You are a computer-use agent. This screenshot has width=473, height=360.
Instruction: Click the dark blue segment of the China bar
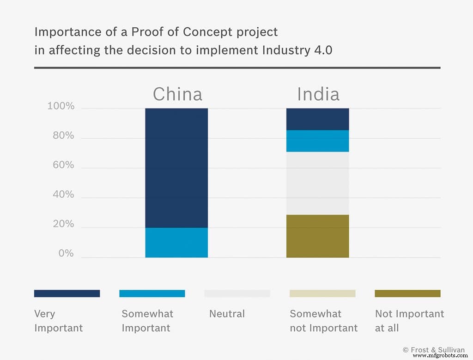[176, 168]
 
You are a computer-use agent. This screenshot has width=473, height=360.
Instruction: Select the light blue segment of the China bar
[176, 243]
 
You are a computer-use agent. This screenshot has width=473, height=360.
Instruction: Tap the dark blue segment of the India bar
[317, 119]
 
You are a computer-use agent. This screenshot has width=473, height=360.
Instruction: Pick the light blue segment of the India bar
[317, 141]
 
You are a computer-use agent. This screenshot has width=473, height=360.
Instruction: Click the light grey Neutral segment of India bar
[317, 183]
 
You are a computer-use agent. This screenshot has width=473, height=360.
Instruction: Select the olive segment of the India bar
[317, 236]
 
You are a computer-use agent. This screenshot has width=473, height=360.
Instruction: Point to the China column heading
[177, 94]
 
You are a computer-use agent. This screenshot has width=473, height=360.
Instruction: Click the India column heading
[318, 94]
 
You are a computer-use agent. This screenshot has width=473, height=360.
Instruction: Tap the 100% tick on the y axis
[61, 106]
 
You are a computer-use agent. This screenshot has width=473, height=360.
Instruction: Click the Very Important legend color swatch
[67, 293]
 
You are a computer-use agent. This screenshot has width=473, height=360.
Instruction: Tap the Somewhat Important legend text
[147, 321]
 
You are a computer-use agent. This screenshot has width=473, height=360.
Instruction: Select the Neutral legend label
[227, 314]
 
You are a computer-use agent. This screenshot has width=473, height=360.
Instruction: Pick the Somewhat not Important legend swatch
[322, 293]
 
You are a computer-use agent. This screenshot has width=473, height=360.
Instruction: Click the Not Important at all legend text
[409, 321]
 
